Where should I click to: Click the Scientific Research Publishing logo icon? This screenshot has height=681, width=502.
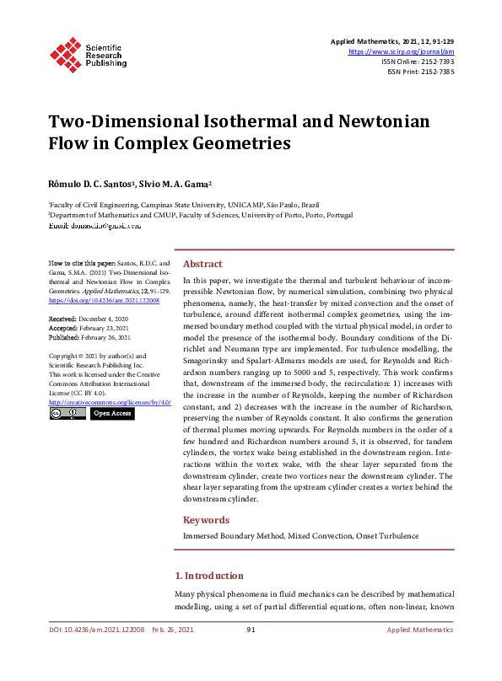(x=65, y=53)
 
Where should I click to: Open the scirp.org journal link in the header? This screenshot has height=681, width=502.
(x=401, y=51)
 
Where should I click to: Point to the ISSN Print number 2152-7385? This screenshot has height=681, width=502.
(x=436, y=72)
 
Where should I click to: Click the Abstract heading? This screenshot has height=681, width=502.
(x=202, y=263)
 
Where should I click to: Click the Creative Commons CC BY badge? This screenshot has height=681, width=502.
(x=67, y=414)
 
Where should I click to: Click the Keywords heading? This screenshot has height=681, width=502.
(x=206, y=520)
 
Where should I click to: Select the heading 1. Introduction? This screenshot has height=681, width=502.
(x=208, y=576)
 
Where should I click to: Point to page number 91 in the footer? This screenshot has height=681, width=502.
(x=251, y=630)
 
